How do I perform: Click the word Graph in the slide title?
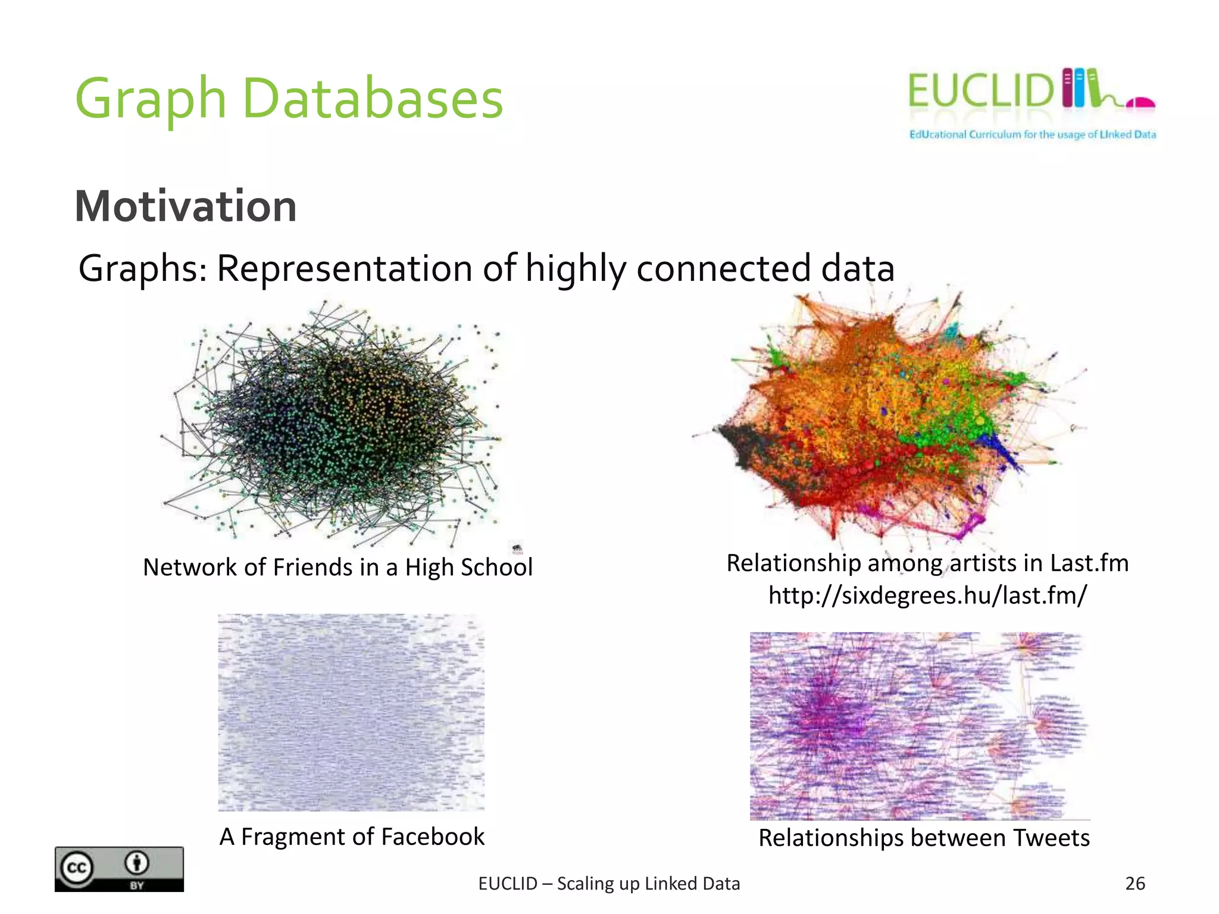click(150, 99)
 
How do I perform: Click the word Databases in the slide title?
click(373, 99)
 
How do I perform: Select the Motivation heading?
click(185, 206)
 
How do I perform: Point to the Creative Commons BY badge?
click(119, 869)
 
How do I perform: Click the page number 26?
click(1135, 884)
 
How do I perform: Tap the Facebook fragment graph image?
click(351, 712)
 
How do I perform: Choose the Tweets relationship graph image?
click(917, 726)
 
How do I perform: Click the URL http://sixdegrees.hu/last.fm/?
click(927, 595)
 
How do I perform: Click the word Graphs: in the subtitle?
click(143, 268)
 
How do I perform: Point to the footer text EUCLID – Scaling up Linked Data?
click(609, 884)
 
